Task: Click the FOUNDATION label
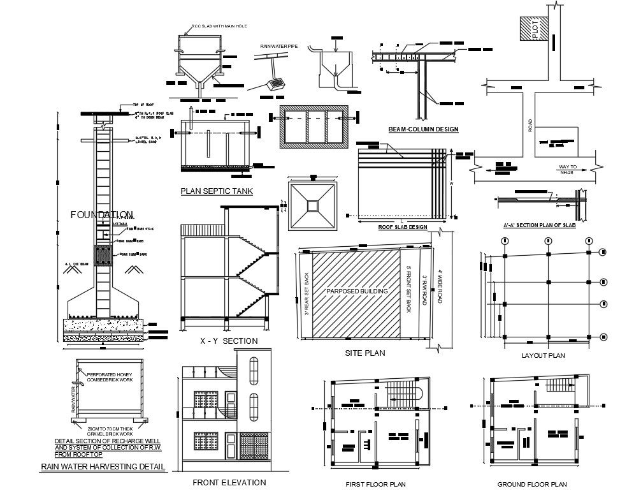102,215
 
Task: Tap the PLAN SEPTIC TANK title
217,191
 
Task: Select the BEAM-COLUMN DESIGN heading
423,129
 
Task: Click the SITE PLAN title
364,352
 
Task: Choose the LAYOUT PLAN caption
543,355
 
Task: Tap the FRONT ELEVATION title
229,482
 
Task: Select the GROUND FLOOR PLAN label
532,484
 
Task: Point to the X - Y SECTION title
229,341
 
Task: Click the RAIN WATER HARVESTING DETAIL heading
103,467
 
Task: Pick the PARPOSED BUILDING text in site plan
357,291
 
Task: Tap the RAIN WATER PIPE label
275,46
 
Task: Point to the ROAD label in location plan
530,126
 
